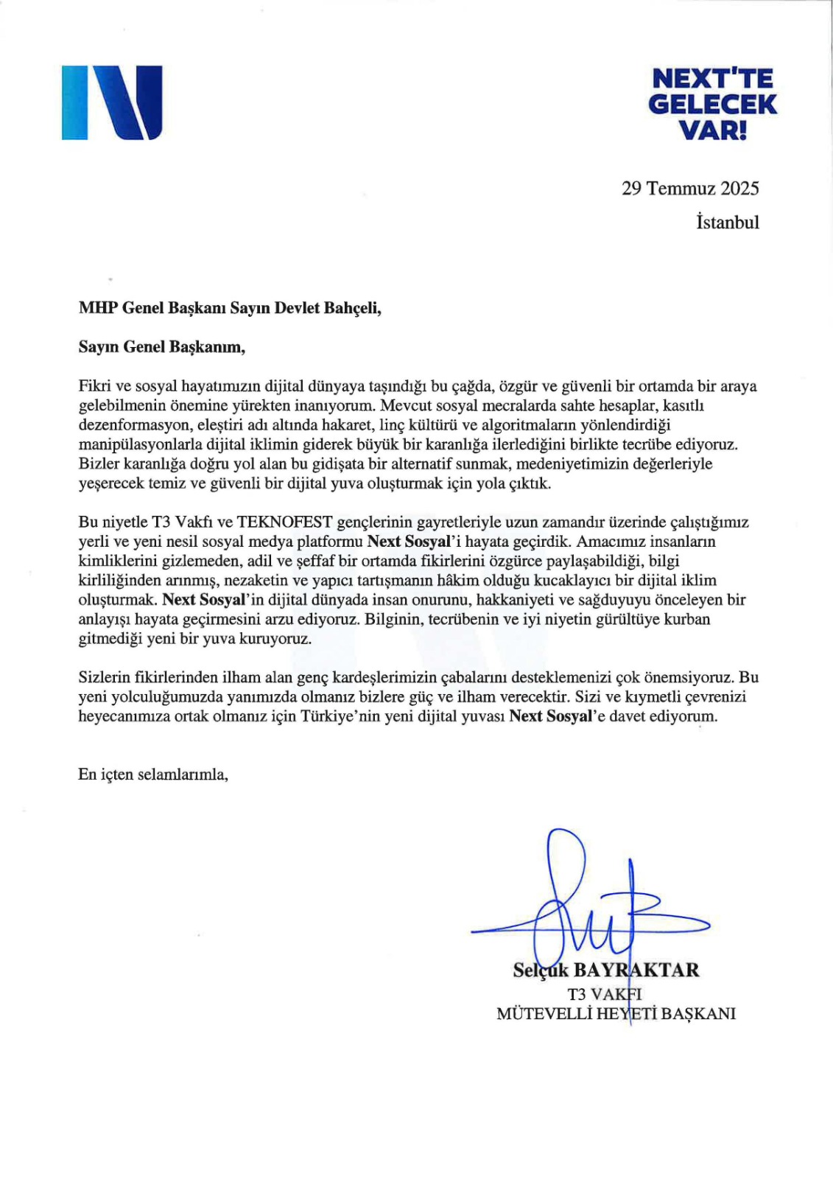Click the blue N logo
point(112,102)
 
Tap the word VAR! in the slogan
point(711,130)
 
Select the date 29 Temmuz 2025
point(689,189)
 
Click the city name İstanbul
point(727,223)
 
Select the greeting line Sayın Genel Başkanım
point(161,347)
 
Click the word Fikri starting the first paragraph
point(94,386)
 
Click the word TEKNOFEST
point(284,522)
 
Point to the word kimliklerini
point(117,561)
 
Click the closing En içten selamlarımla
point(153,774)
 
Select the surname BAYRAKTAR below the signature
point(636,970)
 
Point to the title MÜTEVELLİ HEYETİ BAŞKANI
point(616,1014)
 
